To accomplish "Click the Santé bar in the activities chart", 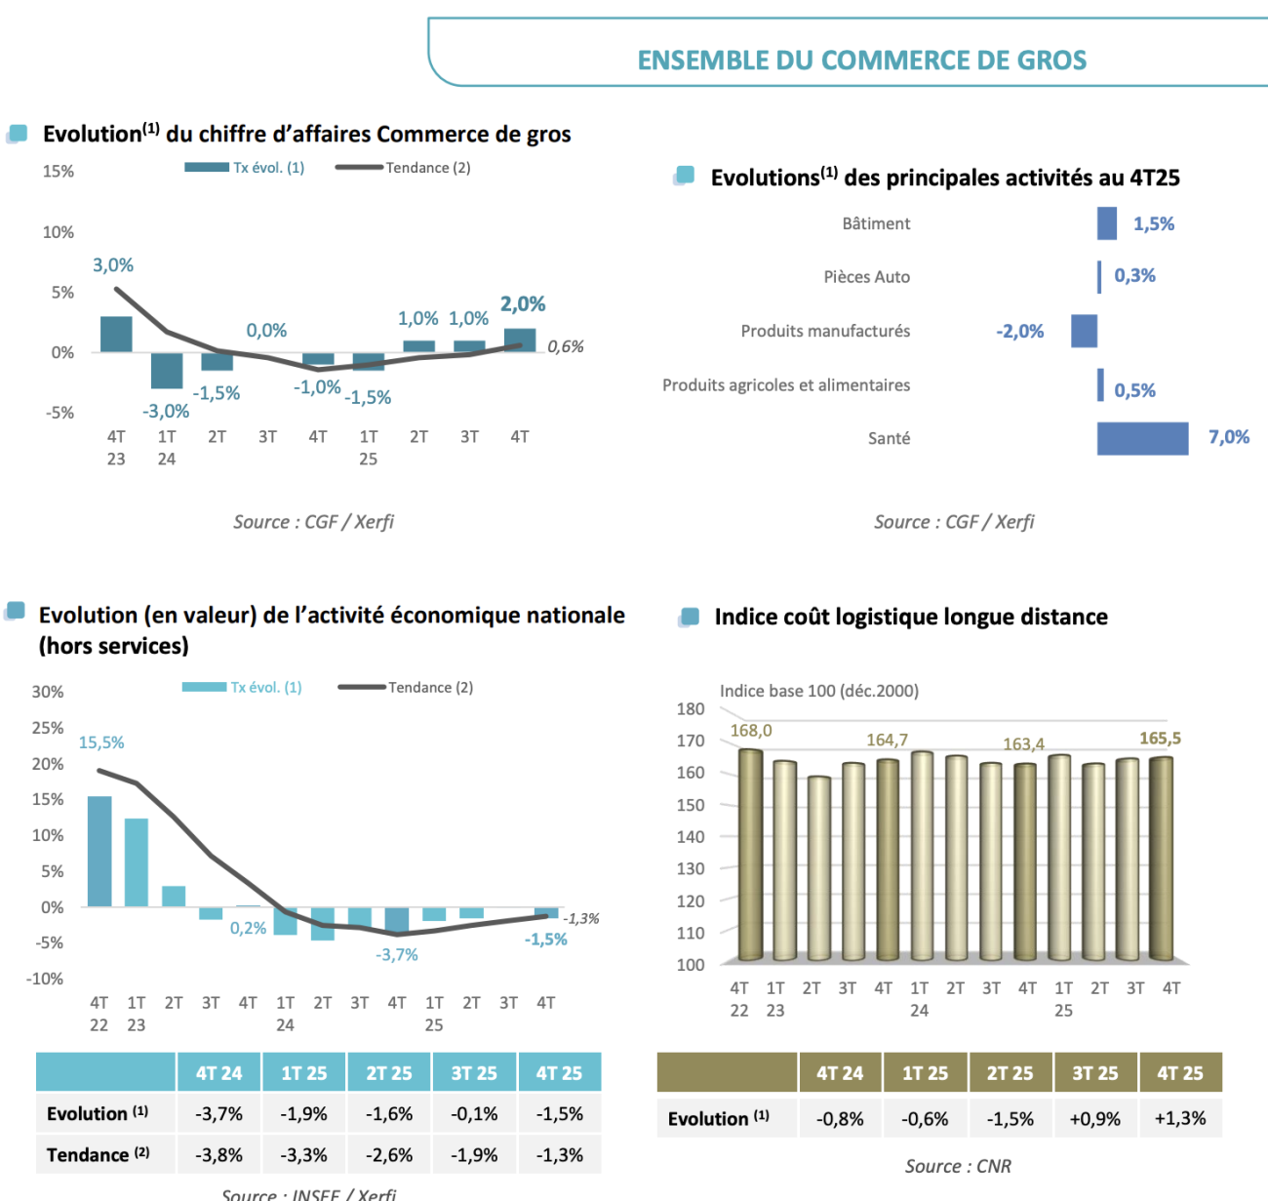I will [x=1142, y=438].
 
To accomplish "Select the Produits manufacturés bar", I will [x=1084, y=331].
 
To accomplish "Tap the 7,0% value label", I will [x=1228, y=437].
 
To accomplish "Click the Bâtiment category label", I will [x=876, y=223].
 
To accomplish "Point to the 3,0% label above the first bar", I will [x=113, y=265].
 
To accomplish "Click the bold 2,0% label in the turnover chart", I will [x=523, y=304].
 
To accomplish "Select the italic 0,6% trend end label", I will [x=566, y=346].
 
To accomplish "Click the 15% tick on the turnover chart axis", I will [x=59, y=172].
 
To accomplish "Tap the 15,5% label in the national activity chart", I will [x=101, y=742].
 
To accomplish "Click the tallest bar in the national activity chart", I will [x=99, y=851].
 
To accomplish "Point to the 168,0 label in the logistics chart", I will [x=751, y=731].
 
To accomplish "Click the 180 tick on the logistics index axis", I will [x=691, y=709].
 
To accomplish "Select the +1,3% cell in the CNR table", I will [x=1180, y=1118].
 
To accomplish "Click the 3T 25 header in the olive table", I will [x=1094, y=1073].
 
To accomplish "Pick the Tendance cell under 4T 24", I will [x=218, y=1155].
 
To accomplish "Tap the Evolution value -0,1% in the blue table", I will [x=474, y=1114].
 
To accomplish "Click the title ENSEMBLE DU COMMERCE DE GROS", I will [x=862, y=60].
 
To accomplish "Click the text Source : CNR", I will [x=958, y=1166].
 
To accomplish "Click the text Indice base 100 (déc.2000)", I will [x=819, y=691].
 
